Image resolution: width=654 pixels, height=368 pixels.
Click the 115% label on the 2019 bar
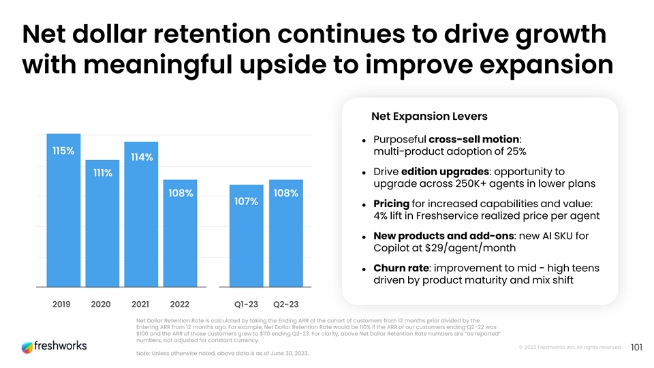tap(63, 151)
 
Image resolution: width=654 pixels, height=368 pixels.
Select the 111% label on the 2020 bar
tap(103, 172)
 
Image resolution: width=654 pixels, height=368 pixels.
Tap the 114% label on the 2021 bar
tap(141, 157)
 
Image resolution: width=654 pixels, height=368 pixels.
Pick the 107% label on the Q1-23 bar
tap(245, 201)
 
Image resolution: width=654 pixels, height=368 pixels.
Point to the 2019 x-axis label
tap(63, 304)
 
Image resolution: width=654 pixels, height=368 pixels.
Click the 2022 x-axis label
tap(179, 304)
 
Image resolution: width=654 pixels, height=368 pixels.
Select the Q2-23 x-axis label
tap(285, 304)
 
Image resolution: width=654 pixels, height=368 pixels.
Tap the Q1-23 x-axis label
tap(247, 304)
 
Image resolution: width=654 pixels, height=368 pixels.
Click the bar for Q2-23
tap(285, 239)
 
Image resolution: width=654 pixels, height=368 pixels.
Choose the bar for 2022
tap(180, 239)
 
